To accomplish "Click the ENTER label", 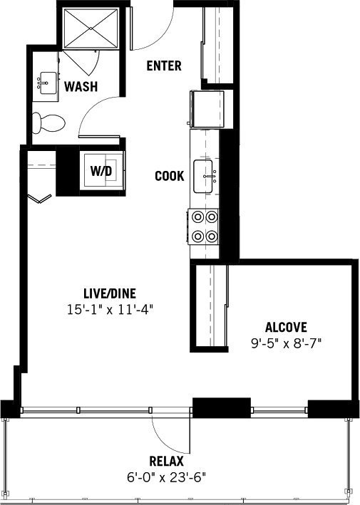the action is point(164,66).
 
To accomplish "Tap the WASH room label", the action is point(81,86).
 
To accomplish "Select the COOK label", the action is point(170,176).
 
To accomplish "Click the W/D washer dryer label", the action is point(101,171).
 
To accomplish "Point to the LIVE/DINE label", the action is point(110,293).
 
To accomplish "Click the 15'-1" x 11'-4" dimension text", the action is point(110,310).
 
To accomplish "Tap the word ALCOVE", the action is point(286,327).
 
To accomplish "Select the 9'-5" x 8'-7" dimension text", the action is point(286,343).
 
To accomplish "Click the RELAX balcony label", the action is point(166,462).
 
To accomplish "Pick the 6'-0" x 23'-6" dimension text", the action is point(166,477).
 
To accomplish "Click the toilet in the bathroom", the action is point(48,123).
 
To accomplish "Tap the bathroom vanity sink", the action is point(47,83).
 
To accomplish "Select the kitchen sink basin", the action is point(203,177).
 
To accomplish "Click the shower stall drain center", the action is point(91,28).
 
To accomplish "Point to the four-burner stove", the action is point(203,227).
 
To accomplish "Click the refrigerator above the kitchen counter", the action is point(207,109).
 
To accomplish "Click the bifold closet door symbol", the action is point(39,199).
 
